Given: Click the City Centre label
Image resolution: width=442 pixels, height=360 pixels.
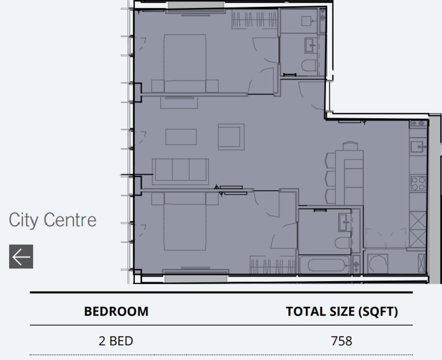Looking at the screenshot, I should pyautogui.click(x=52, y=220).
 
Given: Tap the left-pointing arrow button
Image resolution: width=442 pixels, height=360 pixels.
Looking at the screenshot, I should pyautogui.click(x=21, y=257).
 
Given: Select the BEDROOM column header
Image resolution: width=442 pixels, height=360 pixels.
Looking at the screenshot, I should pyautogui.click(x=116, y=312).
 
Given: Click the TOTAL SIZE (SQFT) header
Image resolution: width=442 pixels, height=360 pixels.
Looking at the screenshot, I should pyautogui.click(x=341, y=312).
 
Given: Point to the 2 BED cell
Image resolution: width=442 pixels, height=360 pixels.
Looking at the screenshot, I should pyautogui.click(x=116, y=340).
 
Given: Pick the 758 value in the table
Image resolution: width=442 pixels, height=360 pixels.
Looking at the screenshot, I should pyautogui.click(x=341, y=340).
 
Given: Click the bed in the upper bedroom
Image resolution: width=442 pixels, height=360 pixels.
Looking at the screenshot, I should pyautogui.click(x=185, y=63).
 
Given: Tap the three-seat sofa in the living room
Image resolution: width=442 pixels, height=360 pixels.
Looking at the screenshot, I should pyautogui.click(x=181, y=170).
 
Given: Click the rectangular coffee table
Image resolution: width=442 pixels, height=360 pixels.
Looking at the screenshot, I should pyautogui.click(x=181, y=137).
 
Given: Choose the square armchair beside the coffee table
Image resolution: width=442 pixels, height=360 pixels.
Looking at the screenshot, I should pyautogui.click(x=231, y=137).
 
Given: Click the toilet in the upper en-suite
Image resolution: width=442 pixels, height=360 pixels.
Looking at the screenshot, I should pyautogui.click(x=309, y=66).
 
